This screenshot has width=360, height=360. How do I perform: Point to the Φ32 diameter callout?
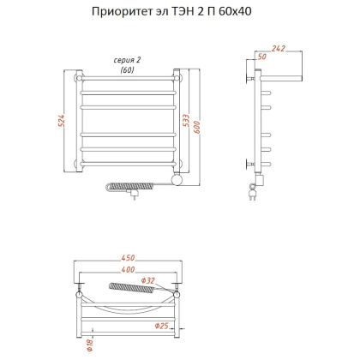click(x=149, y=280)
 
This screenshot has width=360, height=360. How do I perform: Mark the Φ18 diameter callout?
click(x=88, y=345)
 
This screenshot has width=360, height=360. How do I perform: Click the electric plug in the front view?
click(x=133, y=195)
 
